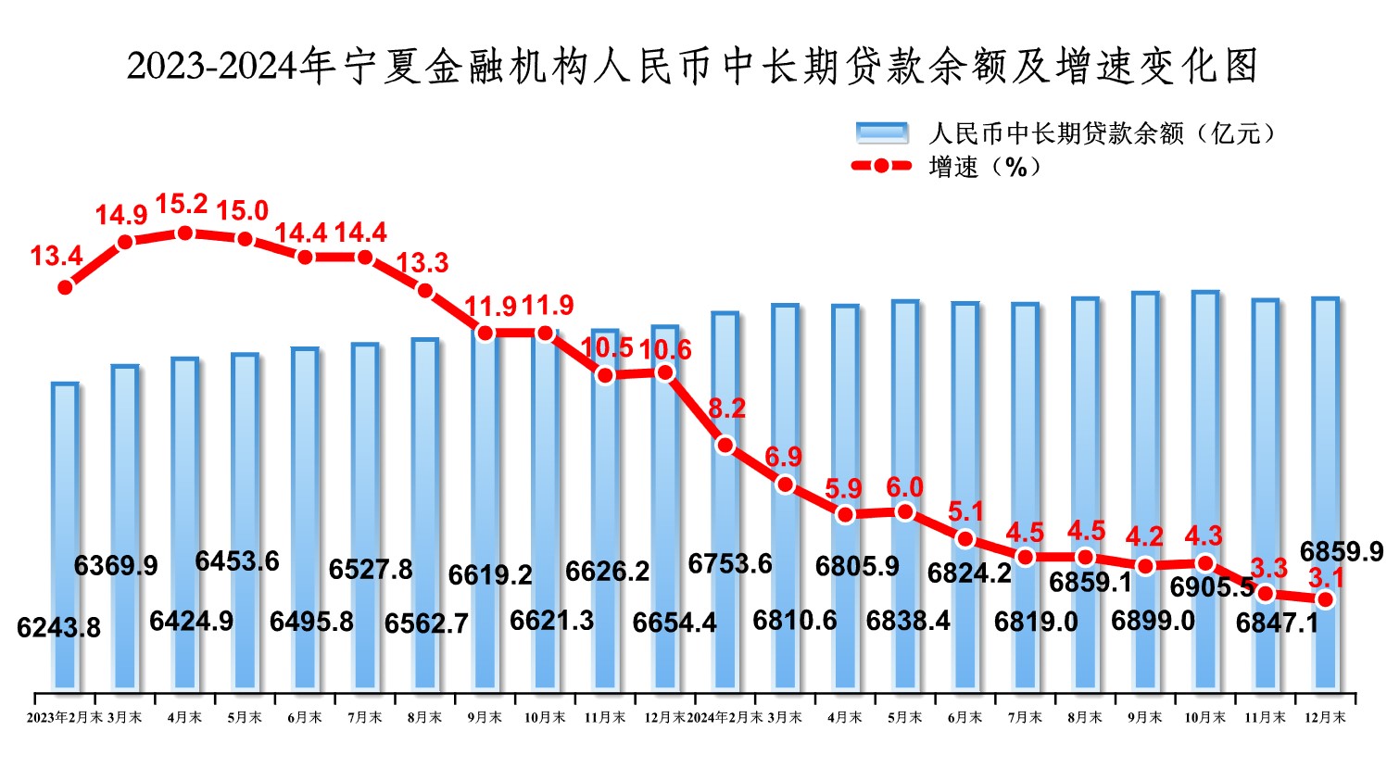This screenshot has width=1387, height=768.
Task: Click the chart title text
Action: [692, 66]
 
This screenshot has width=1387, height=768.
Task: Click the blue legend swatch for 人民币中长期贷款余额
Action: [881, 133]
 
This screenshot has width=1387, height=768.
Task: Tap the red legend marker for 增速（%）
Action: [880, 167]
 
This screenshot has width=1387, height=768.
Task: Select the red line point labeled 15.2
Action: [184, 232]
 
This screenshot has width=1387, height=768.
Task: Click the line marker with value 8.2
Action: [725, 445]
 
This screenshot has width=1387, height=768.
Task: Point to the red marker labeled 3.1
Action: [1325, 599]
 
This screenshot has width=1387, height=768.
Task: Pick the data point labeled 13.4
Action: [65, 287]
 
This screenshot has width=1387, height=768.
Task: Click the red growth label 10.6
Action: [664, 349]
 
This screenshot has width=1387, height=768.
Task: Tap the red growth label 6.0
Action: [904, 487]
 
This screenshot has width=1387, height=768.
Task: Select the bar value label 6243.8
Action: [58, 627]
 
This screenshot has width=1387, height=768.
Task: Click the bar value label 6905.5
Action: [1212, 586]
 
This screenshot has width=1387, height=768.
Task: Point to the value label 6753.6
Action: [729, 563]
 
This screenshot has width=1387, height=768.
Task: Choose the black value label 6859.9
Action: [1341, 552]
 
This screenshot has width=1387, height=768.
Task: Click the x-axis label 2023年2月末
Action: [65, 718]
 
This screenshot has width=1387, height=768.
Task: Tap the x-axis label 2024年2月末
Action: [725, 718]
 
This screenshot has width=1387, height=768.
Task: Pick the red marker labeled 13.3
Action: [425, 290]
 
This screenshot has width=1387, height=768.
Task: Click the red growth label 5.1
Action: [965, 511]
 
